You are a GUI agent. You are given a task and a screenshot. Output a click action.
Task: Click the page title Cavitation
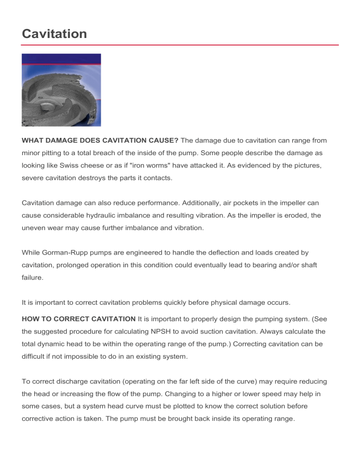[x=54, y=34]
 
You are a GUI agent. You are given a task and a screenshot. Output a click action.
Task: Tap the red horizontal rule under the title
[x=180, y=45]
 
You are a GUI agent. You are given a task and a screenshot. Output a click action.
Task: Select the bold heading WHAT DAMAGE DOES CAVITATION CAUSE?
[x=100, y=140]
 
